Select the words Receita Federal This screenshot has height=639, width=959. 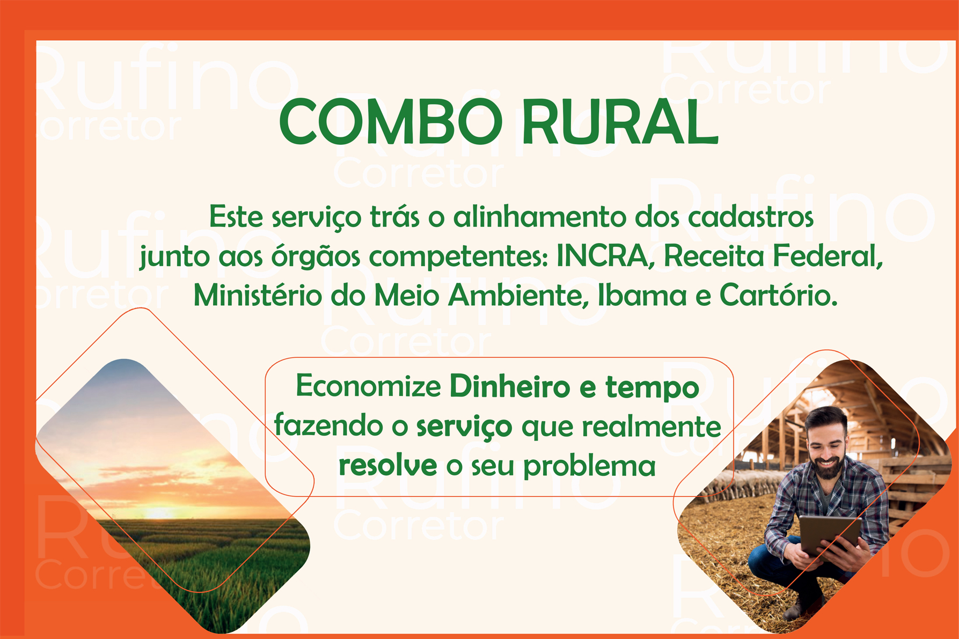[x=773, y=256]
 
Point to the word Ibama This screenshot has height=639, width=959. [x=642, y=295]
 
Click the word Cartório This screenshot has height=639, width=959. [x=779, y=295]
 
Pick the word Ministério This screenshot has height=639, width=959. [x=258, y=295]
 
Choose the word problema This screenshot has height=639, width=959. [x=589, y=466]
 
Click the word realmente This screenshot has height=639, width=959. [x=651, y=426]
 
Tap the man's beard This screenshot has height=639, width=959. [x=829, y=466]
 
